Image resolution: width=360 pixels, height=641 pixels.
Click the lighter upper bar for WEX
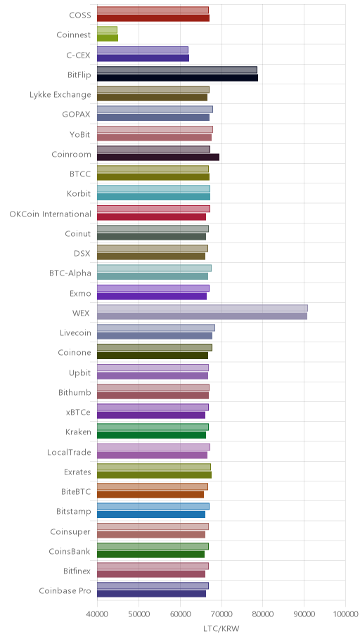pyautogui.click(x=202, y=309)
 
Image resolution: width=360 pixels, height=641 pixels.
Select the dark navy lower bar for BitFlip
pyautogui.click(x=178, y=78)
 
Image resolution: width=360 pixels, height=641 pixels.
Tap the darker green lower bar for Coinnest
pyautogui.click(x=108, y=38)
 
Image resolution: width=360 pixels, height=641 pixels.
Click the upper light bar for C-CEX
pyautogui.click(x=142, y=50)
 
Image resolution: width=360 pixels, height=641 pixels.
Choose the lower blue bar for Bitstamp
pyautogui.click(x=151, y=514)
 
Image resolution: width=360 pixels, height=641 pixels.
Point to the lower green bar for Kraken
pyautogui.click(x=151, y=435)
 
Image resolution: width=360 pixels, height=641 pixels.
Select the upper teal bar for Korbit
pyautogui.click(x=153, y=189)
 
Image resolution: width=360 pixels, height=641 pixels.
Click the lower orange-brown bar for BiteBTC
pyautogui.click(x=150, y=495)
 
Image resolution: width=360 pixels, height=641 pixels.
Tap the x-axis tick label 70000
pyautogui.click(x=221, y=614)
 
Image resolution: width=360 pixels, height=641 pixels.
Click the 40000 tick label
pyautogui.click(x=97, y=614)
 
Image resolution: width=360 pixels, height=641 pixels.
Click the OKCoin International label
pyautogui.click(x=51, y=214)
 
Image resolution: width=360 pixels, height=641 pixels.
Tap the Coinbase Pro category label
pyautogui.click(x=65, y=590)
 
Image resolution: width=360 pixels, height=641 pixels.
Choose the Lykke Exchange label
pyautogui.click(x=60, y=95)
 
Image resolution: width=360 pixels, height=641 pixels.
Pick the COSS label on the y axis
pyautogui.click(x=80, y=15)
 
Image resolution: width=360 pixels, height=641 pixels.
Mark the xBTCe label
pyautogui.click(x=78, y=412)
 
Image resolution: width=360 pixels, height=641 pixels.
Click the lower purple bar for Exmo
pyautogui.click(x=152, y=297)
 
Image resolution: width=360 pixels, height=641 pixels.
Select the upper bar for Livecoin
pyautogui.click(x=156, y=328)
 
